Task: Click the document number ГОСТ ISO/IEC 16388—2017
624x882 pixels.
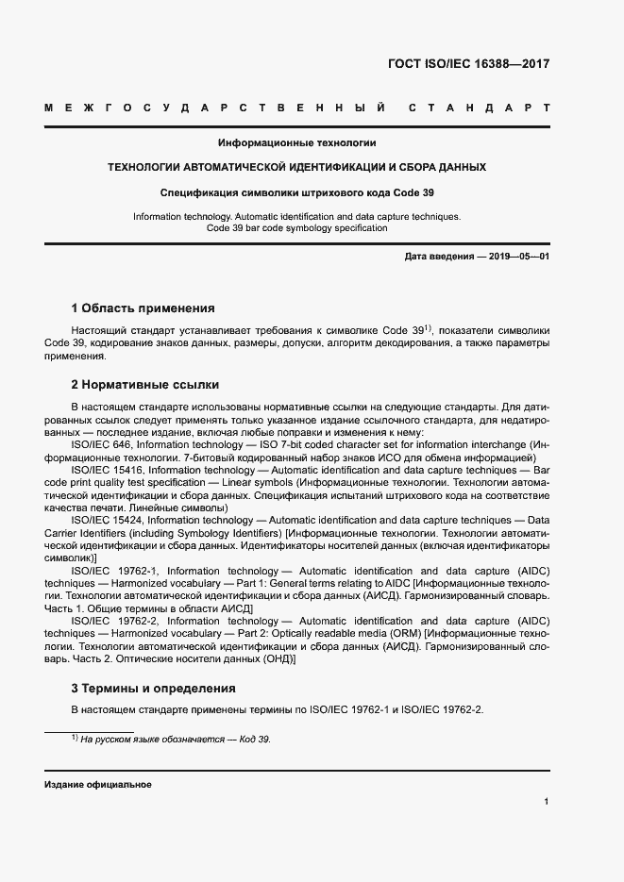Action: pos(468,64)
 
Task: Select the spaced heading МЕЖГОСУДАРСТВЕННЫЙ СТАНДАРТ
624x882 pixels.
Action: pos(297,109)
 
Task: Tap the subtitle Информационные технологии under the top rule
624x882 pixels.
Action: pos(297,143)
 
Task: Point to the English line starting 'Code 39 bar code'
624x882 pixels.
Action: pos(296,228)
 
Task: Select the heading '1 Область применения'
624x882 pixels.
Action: pos(143,308)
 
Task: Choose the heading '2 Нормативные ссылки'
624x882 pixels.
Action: pos(145,384)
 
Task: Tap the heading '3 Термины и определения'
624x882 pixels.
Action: pos(153,689)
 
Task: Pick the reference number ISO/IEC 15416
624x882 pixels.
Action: pos(109,469)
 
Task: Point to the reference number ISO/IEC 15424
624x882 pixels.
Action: pos(109,520)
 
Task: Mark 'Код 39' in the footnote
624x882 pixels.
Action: pos(255,740)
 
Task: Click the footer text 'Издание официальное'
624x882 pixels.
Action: pos(98,785)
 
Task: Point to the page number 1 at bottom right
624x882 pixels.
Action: pos(547,802)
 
